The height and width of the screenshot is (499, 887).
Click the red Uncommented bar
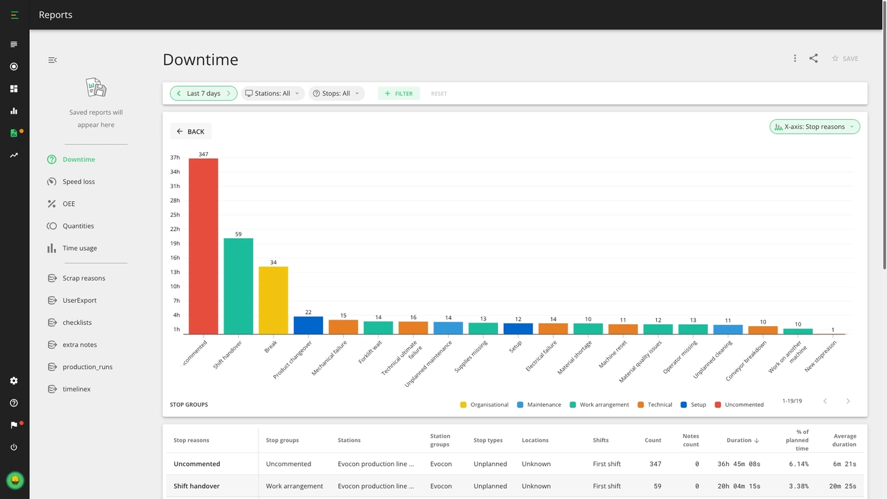coord(203,246)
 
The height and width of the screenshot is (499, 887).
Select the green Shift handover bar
coord(238,286)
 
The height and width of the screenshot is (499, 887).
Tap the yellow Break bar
coord(273,300)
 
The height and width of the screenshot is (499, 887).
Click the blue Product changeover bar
coord(308,325)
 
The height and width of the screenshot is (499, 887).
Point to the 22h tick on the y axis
coord(175,229)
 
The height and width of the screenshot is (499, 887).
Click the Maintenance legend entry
coord(539,405)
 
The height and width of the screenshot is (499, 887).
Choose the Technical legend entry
coord(655,405)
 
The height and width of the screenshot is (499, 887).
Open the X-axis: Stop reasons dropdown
coord(815,127)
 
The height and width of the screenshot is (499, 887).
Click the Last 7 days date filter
coord(203,93)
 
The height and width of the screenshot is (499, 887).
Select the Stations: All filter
coord(272,93)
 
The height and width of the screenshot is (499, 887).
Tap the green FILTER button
coord(399,93)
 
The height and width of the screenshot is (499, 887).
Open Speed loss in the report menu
coord(79,182)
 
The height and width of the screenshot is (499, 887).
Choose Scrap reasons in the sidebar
coord(84,278)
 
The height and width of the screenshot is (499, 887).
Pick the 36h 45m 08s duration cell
coord(739,464)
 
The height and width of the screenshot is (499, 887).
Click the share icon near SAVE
coord(814,58)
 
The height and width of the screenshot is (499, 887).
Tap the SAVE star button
coord(845,58)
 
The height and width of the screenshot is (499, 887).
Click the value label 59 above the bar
coord(238,234)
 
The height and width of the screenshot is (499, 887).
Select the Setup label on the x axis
coord(515,346)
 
